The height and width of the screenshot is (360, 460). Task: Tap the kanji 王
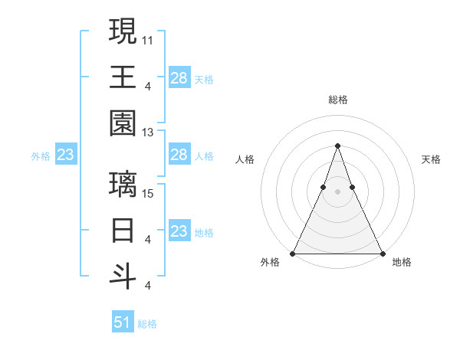tap(123, 77)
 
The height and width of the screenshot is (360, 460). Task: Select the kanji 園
tap(123, 123)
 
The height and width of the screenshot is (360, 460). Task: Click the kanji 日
tap(123, 229)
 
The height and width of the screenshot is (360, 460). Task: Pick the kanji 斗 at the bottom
tap(123, 276)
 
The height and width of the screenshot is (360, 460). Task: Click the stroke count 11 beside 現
tap(148, 38)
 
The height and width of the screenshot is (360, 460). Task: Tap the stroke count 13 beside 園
tap(148, 133)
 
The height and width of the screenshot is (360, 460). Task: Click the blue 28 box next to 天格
tap(179, 77)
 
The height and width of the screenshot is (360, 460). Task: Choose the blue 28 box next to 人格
tap(179, 155)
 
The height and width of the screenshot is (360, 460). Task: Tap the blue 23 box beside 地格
tap(179, 231)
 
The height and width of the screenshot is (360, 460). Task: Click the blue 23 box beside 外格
tap(66, 155)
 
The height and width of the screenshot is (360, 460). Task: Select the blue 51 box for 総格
tap(123, 322)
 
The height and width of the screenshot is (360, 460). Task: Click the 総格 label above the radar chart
tap(337, 100)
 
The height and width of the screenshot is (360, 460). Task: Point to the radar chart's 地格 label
tap(402, 262)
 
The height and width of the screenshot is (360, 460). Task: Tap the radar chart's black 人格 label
tap(245, 159)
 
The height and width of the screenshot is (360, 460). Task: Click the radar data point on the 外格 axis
tap(293, 253)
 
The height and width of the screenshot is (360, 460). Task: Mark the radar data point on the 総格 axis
tap(337, 146)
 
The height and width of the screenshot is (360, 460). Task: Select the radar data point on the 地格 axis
tap(382, 253)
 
